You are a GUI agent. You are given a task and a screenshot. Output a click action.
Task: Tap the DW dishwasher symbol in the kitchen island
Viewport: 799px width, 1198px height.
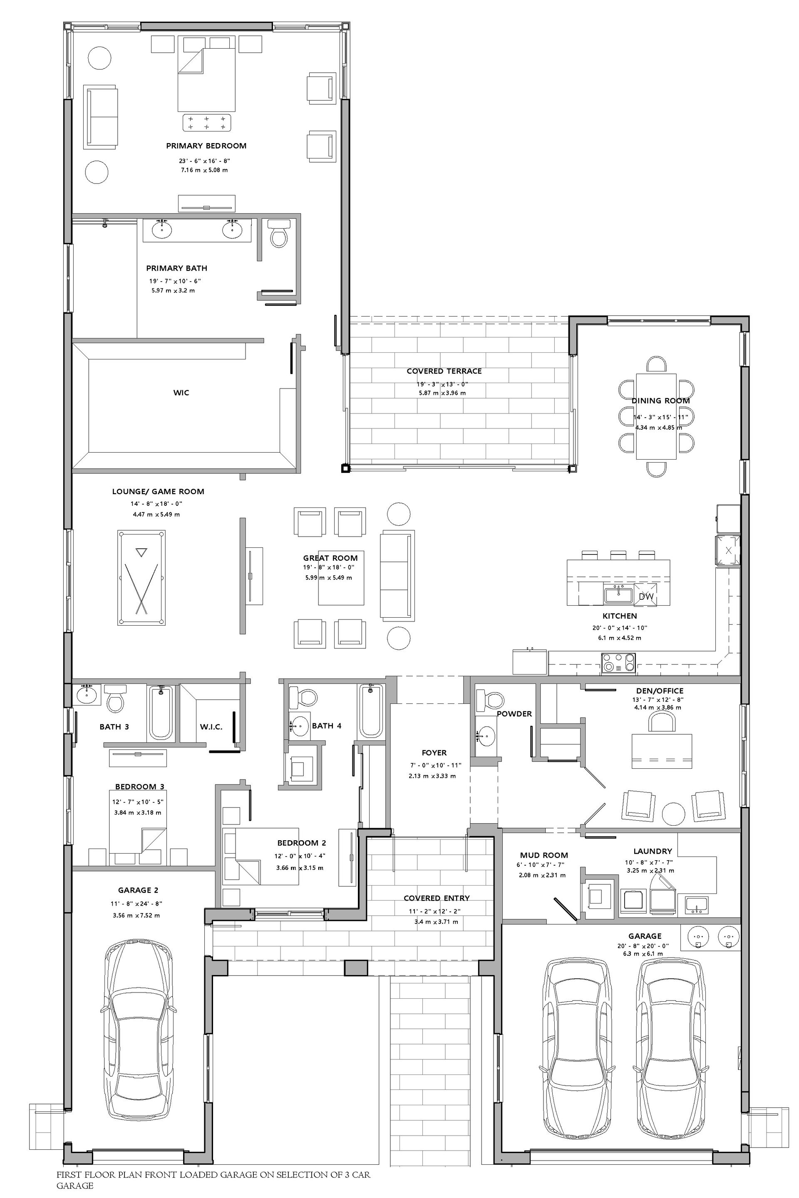646,597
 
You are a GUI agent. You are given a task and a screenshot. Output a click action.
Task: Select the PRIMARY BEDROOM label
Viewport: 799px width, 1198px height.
206,146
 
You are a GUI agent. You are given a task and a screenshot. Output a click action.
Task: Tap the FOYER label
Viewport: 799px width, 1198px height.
434,752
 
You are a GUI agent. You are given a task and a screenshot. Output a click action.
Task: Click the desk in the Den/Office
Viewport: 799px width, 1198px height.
661,751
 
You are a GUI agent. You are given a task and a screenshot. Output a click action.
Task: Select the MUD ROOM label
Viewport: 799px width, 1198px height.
544,855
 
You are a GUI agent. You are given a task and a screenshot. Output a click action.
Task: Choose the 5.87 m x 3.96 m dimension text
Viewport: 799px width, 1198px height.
442,393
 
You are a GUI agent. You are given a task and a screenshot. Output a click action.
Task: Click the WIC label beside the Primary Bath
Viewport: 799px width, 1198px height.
181,393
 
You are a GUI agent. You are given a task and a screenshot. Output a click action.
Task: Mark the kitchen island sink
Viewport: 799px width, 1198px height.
618,594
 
